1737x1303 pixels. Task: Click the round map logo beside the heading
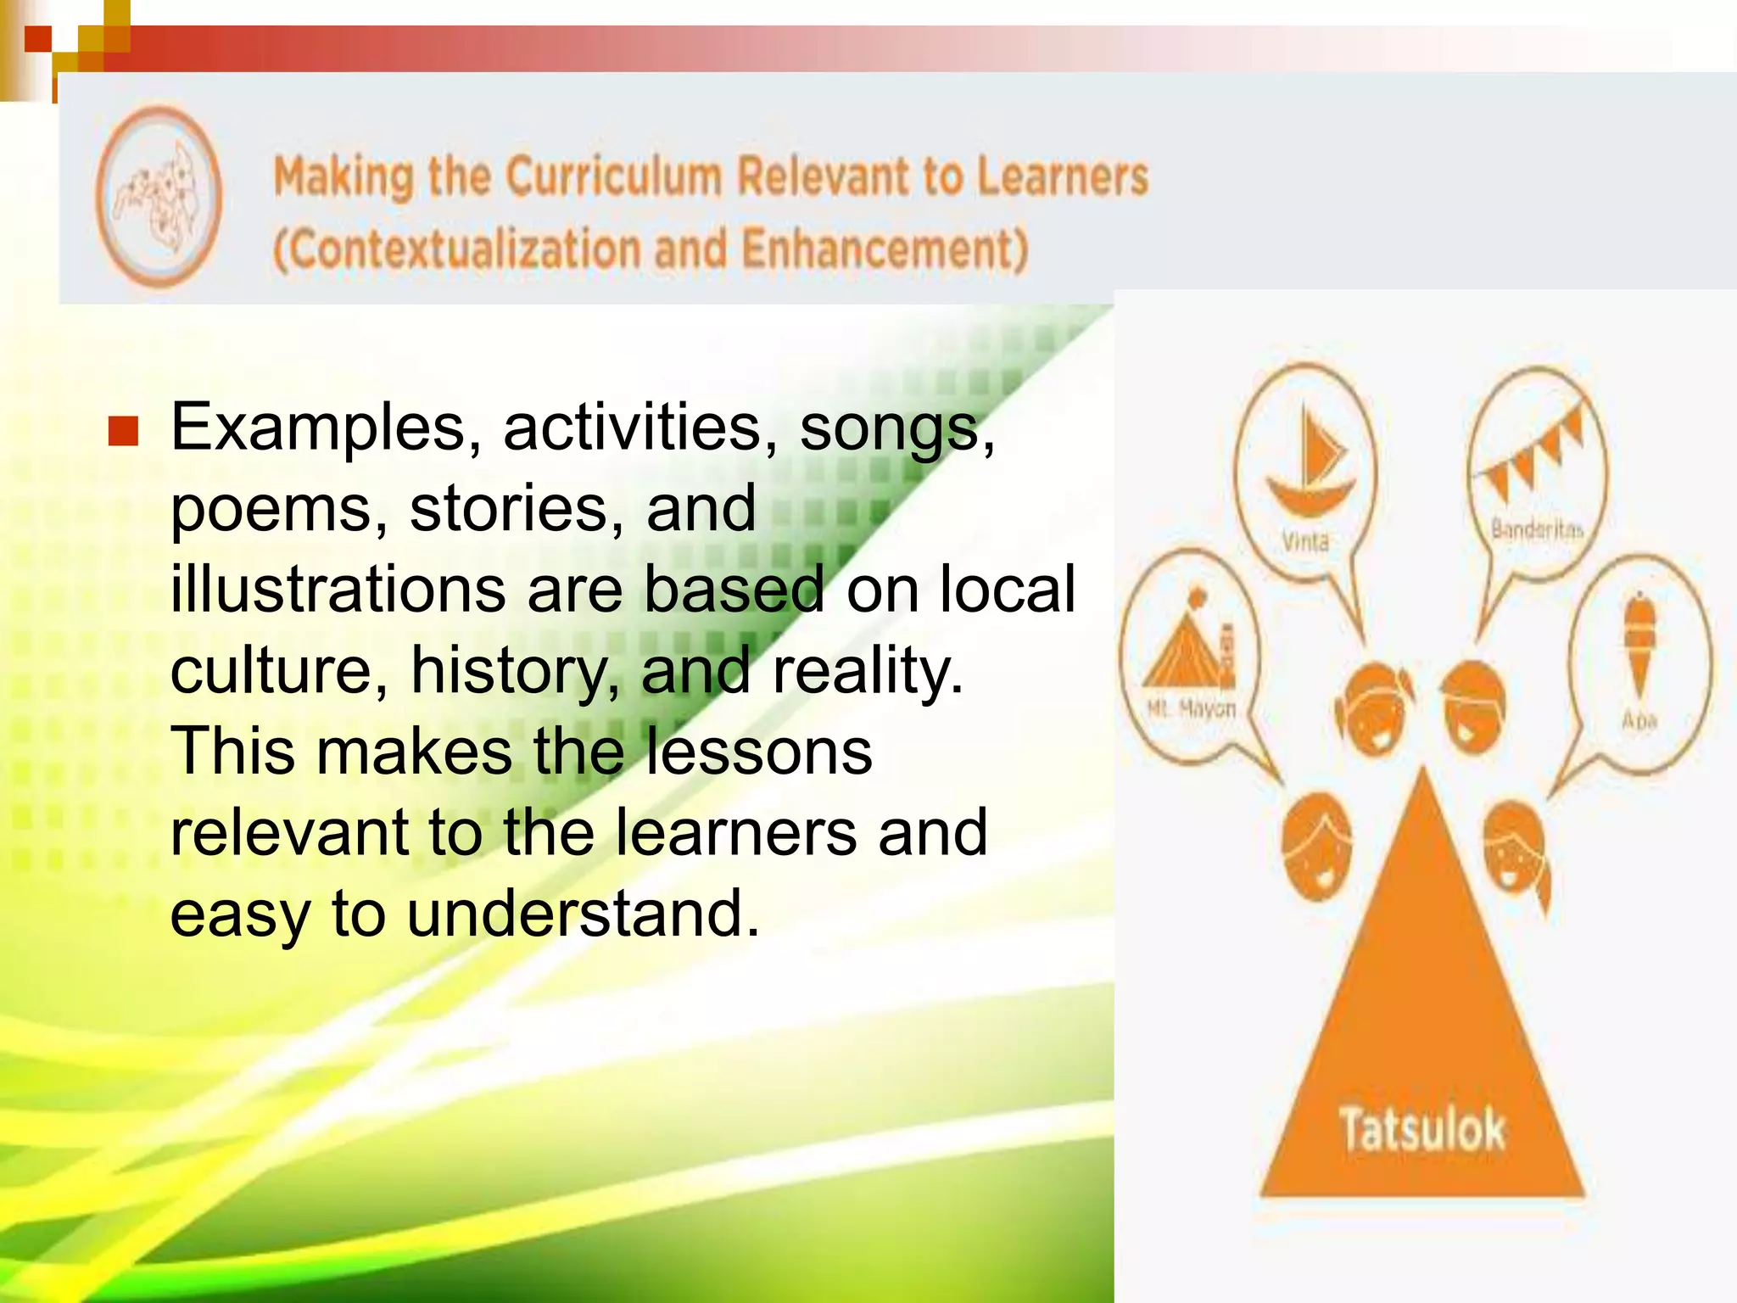(x=159, y=197)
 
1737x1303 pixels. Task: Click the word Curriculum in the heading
(x=614, y=177)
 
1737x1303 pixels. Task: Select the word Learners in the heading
(x=1062, y=177)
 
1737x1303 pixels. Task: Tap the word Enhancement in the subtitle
(x=885, y=250)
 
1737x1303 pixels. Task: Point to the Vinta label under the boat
(x=1304, y=541)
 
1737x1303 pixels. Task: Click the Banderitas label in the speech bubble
(x=1537, y=530)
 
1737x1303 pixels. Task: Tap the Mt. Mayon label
(x=1191, y=708)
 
